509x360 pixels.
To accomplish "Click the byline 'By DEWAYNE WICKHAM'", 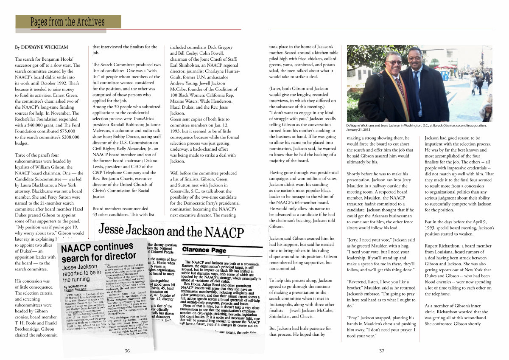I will pos(41,47).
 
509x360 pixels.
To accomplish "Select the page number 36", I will pos(127,351).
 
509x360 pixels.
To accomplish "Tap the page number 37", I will pos(381,351).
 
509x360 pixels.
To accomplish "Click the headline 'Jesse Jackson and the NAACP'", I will pos(171,232).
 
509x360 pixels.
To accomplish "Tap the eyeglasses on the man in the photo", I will pos(394,62).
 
